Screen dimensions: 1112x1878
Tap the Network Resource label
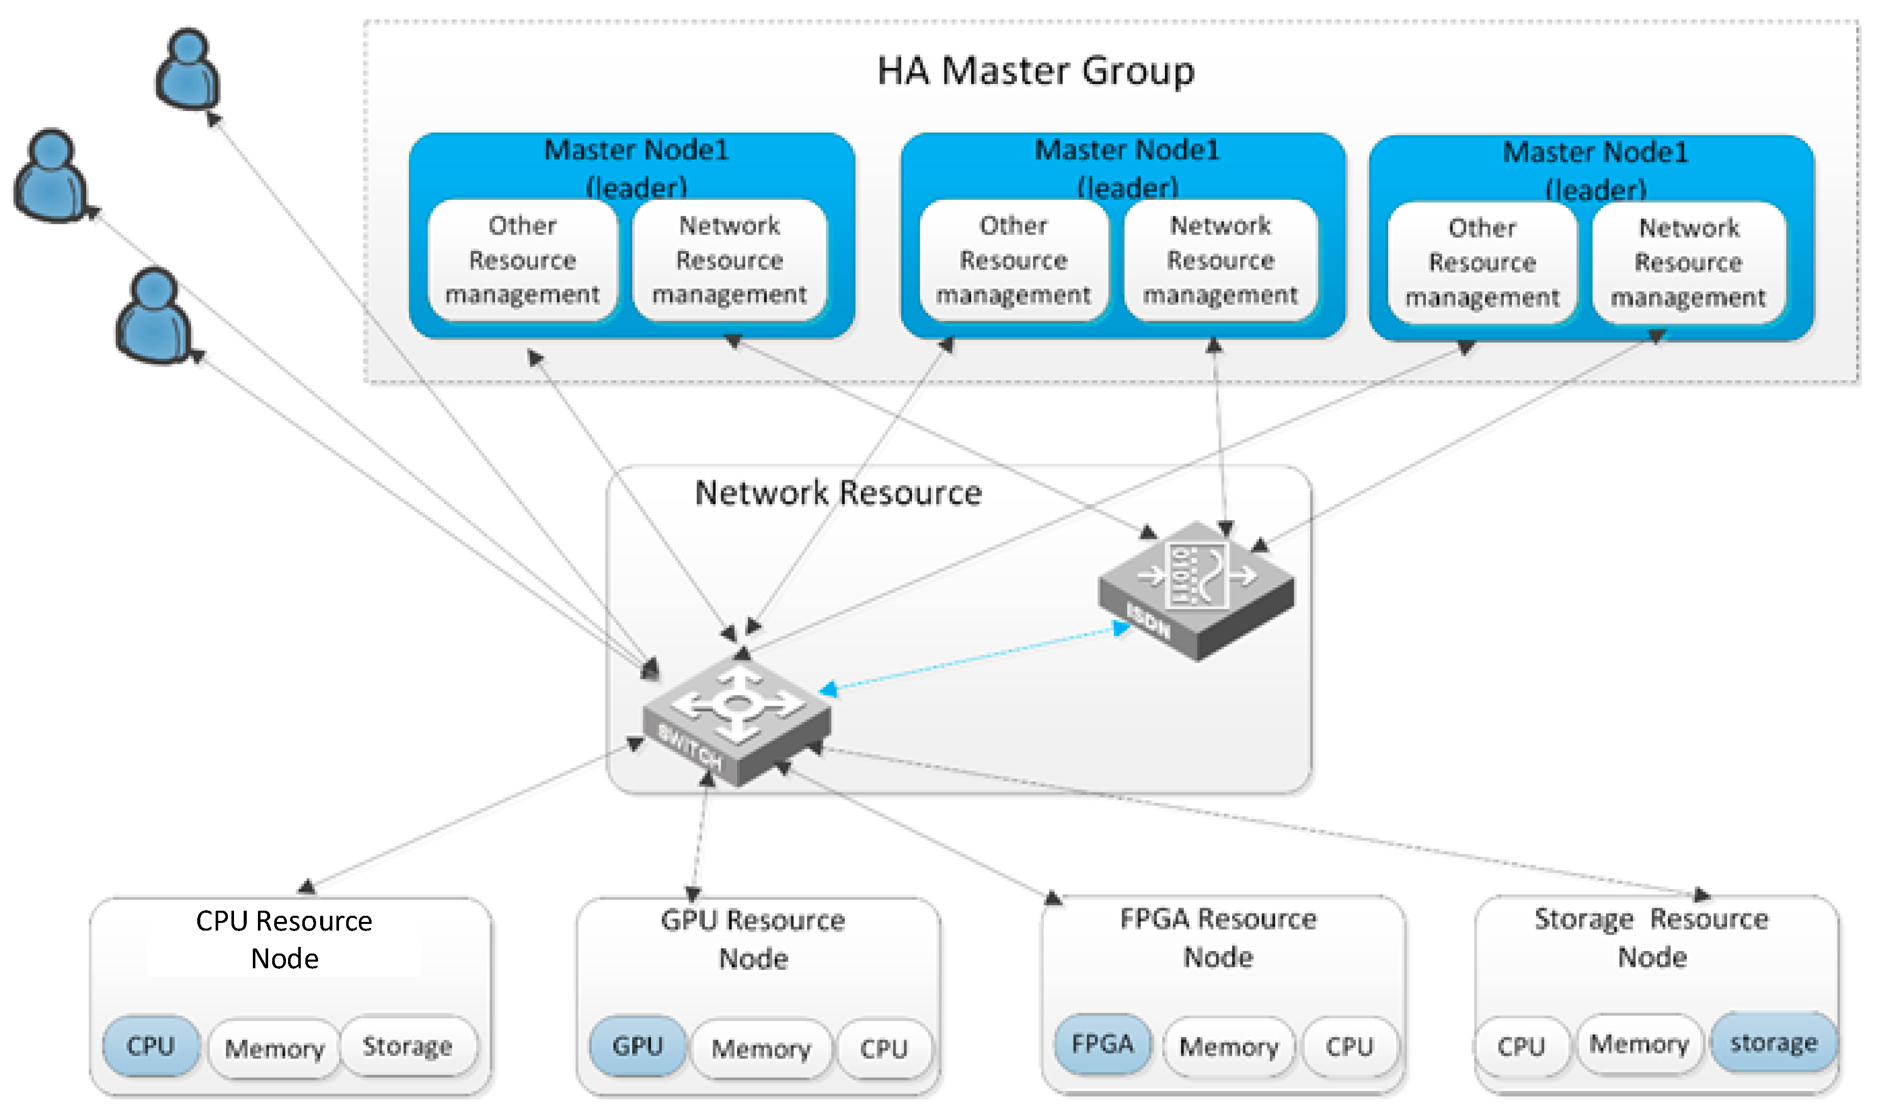point(838,493)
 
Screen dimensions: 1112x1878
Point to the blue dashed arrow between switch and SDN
point(974,658)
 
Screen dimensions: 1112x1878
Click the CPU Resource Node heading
point(284,940)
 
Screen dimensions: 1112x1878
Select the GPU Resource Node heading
point(752,940)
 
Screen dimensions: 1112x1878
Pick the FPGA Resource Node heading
point(1218,938)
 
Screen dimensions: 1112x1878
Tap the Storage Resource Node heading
point(1651,938)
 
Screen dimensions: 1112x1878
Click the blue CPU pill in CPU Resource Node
point(150,1046)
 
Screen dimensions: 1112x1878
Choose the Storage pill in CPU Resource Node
point(408,1046)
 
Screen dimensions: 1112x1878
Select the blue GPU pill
point(637,1046)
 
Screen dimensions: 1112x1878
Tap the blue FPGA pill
point(1102,1044)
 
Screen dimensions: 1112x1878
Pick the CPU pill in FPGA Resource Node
point(1349,1047)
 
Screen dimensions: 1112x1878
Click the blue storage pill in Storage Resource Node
point(1773,1043)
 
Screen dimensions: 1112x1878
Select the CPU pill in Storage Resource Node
point(1521,1046)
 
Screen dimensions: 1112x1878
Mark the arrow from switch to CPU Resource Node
point(472,817)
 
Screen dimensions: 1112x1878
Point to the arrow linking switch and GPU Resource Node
point(700,835)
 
